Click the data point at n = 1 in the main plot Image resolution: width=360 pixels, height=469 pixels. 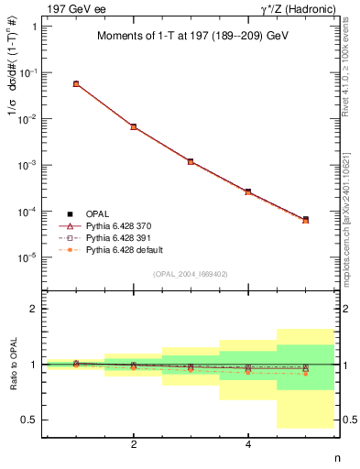pyautogui.click(x=76, y=83)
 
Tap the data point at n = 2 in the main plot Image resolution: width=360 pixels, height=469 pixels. pyautogui.click(x=134, y=126)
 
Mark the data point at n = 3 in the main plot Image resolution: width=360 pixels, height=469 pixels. pyautogui.click(x=191, y=161)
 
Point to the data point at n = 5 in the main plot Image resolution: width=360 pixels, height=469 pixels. pyautogui.click(x=305, y=220)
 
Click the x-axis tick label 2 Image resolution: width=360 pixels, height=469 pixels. pyautogui.click(x=134, y=445)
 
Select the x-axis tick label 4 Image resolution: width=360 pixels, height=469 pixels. pyautogui.click(x=248, y=445)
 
